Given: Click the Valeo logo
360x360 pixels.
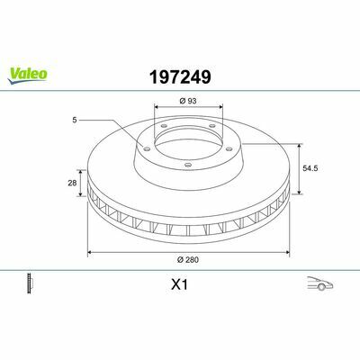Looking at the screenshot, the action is pyautogui.click(x=27, y=75).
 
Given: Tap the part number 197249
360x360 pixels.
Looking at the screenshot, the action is pyautogui.click(x=180, y=76).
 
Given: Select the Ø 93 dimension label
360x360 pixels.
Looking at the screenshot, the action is pyautogui.click(x=188, y=101).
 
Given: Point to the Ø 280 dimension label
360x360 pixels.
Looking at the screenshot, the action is pyautogui.click(x=188, y=260).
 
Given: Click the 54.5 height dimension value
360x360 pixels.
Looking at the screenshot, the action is pyautogui.click(x=310, y=168).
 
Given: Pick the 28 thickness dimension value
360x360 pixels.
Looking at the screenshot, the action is pyautogui.click(x=72, y=183).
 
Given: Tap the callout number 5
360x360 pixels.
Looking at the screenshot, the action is pyautogui.click(x=75, y=120).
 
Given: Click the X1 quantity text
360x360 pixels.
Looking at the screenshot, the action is pyautogui.click(x=179, y=284).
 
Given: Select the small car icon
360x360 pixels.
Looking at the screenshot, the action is pyautogui.click(x=320, y=283).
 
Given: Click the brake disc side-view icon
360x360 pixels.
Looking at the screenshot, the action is pyautogui.click(x=30, y=283).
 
